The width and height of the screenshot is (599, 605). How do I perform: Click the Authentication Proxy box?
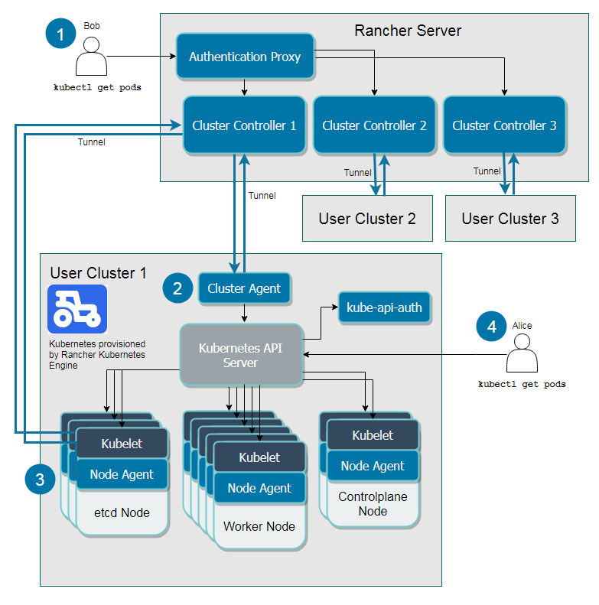point(245,57)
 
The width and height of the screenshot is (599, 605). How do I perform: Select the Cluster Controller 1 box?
point(244,125)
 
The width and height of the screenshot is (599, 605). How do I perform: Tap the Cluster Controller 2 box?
point(374,125)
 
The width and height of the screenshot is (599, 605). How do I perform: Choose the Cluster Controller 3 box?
point(504,125)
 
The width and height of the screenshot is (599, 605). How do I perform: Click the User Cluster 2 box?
point(367,219)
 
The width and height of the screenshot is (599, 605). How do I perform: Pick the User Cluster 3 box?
point(510,219)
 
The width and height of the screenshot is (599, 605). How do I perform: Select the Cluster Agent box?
point(244,288)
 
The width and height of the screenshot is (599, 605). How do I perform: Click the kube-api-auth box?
point(384,307)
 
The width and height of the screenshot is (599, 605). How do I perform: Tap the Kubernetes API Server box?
point(241,355)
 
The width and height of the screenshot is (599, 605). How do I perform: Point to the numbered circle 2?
point(177,288)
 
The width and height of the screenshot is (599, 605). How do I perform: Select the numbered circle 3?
point(40,480)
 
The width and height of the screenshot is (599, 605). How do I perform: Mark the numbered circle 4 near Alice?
point(491,327)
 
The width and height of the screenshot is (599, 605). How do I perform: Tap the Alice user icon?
point(522,356)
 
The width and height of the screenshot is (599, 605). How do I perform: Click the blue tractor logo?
point(77,309)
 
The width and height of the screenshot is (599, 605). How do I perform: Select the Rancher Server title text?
point(408,31)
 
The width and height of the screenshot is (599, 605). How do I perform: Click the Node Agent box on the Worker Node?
point(259,488)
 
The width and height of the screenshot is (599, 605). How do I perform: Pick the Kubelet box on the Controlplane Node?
point(373,435)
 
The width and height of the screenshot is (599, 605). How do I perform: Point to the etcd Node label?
point(122,512)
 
